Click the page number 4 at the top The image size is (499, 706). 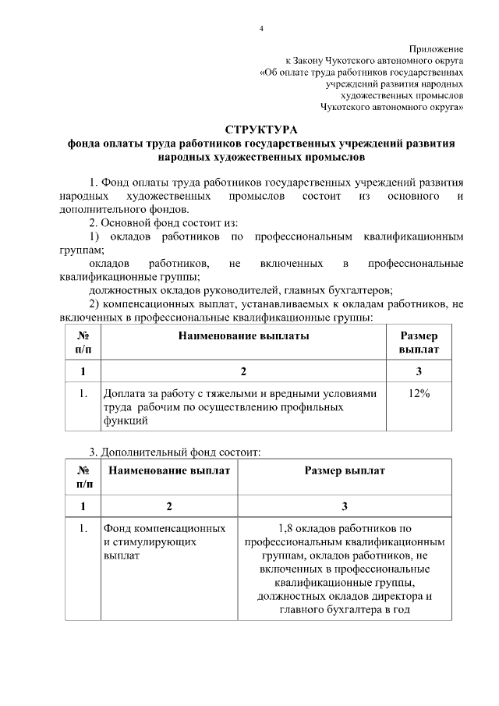coord(261,29)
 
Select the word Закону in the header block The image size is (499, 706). coord(314,59)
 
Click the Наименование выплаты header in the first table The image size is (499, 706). coord(243,336)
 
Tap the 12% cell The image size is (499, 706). coord(419,394)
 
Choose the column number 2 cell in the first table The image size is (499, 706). coord(243,371)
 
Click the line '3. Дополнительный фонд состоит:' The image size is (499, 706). coord(169,452)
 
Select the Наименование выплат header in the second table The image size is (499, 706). coord(169,471)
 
